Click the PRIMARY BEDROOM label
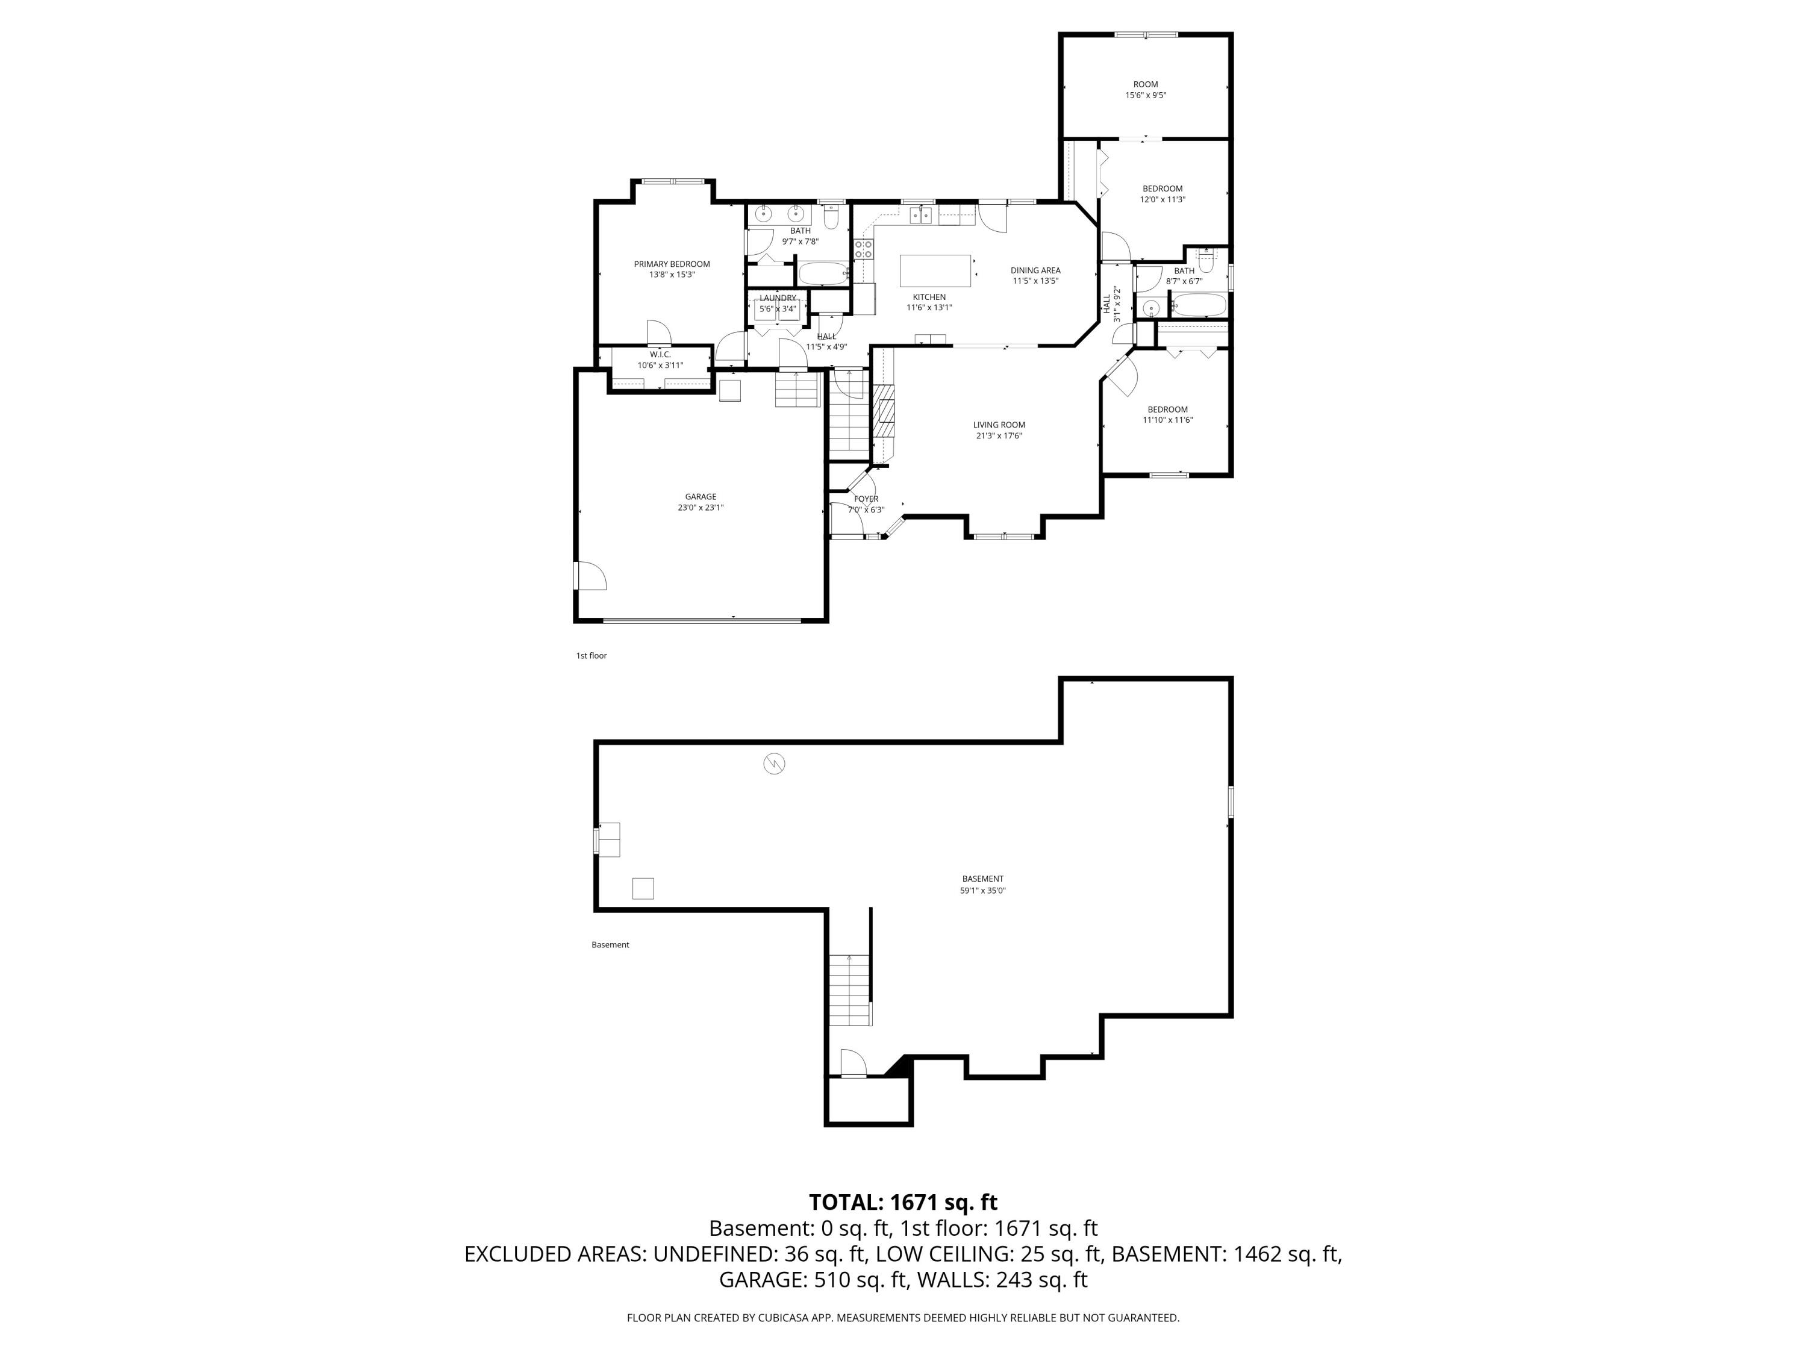pyautogui.click(x=672, y=264)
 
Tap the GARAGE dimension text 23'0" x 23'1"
pyautogui.click(x=700, y=507)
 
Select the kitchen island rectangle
pyautogui.click(x=935, y=270)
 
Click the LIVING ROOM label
pyautogui.click(x=998, y=425)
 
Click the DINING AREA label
pyautogui.click(x=1035, y=270)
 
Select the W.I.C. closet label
pyautogui.click(x=660, y=355)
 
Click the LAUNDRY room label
pyautogui.click(x=777, y=298)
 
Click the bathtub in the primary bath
pyautogui.click(x=823, y=273)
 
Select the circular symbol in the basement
pyautogui.click(x=773, y=764)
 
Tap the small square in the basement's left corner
pyautogui.click(x=643, y=888)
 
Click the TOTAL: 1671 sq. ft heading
pyautogui.click(x=903, y=1202)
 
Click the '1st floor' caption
pyautogui.click(x=591, y=656)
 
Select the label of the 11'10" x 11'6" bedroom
pyautogui.click(x=1167, y=409)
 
